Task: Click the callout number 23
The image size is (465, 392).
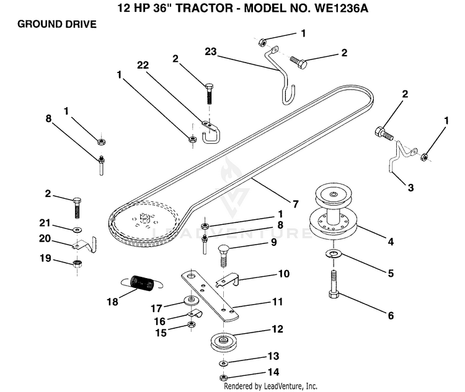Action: coord(211,51)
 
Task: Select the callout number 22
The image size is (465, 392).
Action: coord(143,65)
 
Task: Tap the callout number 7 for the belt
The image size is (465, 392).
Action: coord(295,204)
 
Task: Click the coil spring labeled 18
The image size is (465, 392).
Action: coord(142,283)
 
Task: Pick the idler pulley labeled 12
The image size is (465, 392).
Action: coord(223,342)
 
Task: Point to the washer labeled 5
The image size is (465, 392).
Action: coord(334,254)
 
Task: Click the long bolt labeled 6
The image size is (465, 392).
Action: coord(334,284)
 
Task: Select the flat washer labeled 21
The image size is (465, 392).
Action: coord(77,230)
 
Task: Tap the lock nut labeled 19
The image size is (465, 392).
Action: coord(77,263)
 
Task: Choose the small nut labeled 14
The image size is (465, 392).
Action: coord(223,378)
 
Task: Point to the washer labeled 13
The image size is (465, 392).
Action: coord(223,363)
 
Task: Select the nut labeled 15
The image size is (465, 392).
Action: coord(192,324)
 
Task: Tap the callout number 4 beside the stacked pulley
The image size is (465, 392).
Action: coord(391,242)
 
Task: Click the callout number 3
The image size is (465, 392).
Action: coord(410,187)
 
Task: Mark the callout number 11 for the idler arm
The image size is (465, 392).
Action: coord(277,302)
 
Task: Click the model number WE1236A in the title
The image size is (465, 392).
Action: coord(341,8)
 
